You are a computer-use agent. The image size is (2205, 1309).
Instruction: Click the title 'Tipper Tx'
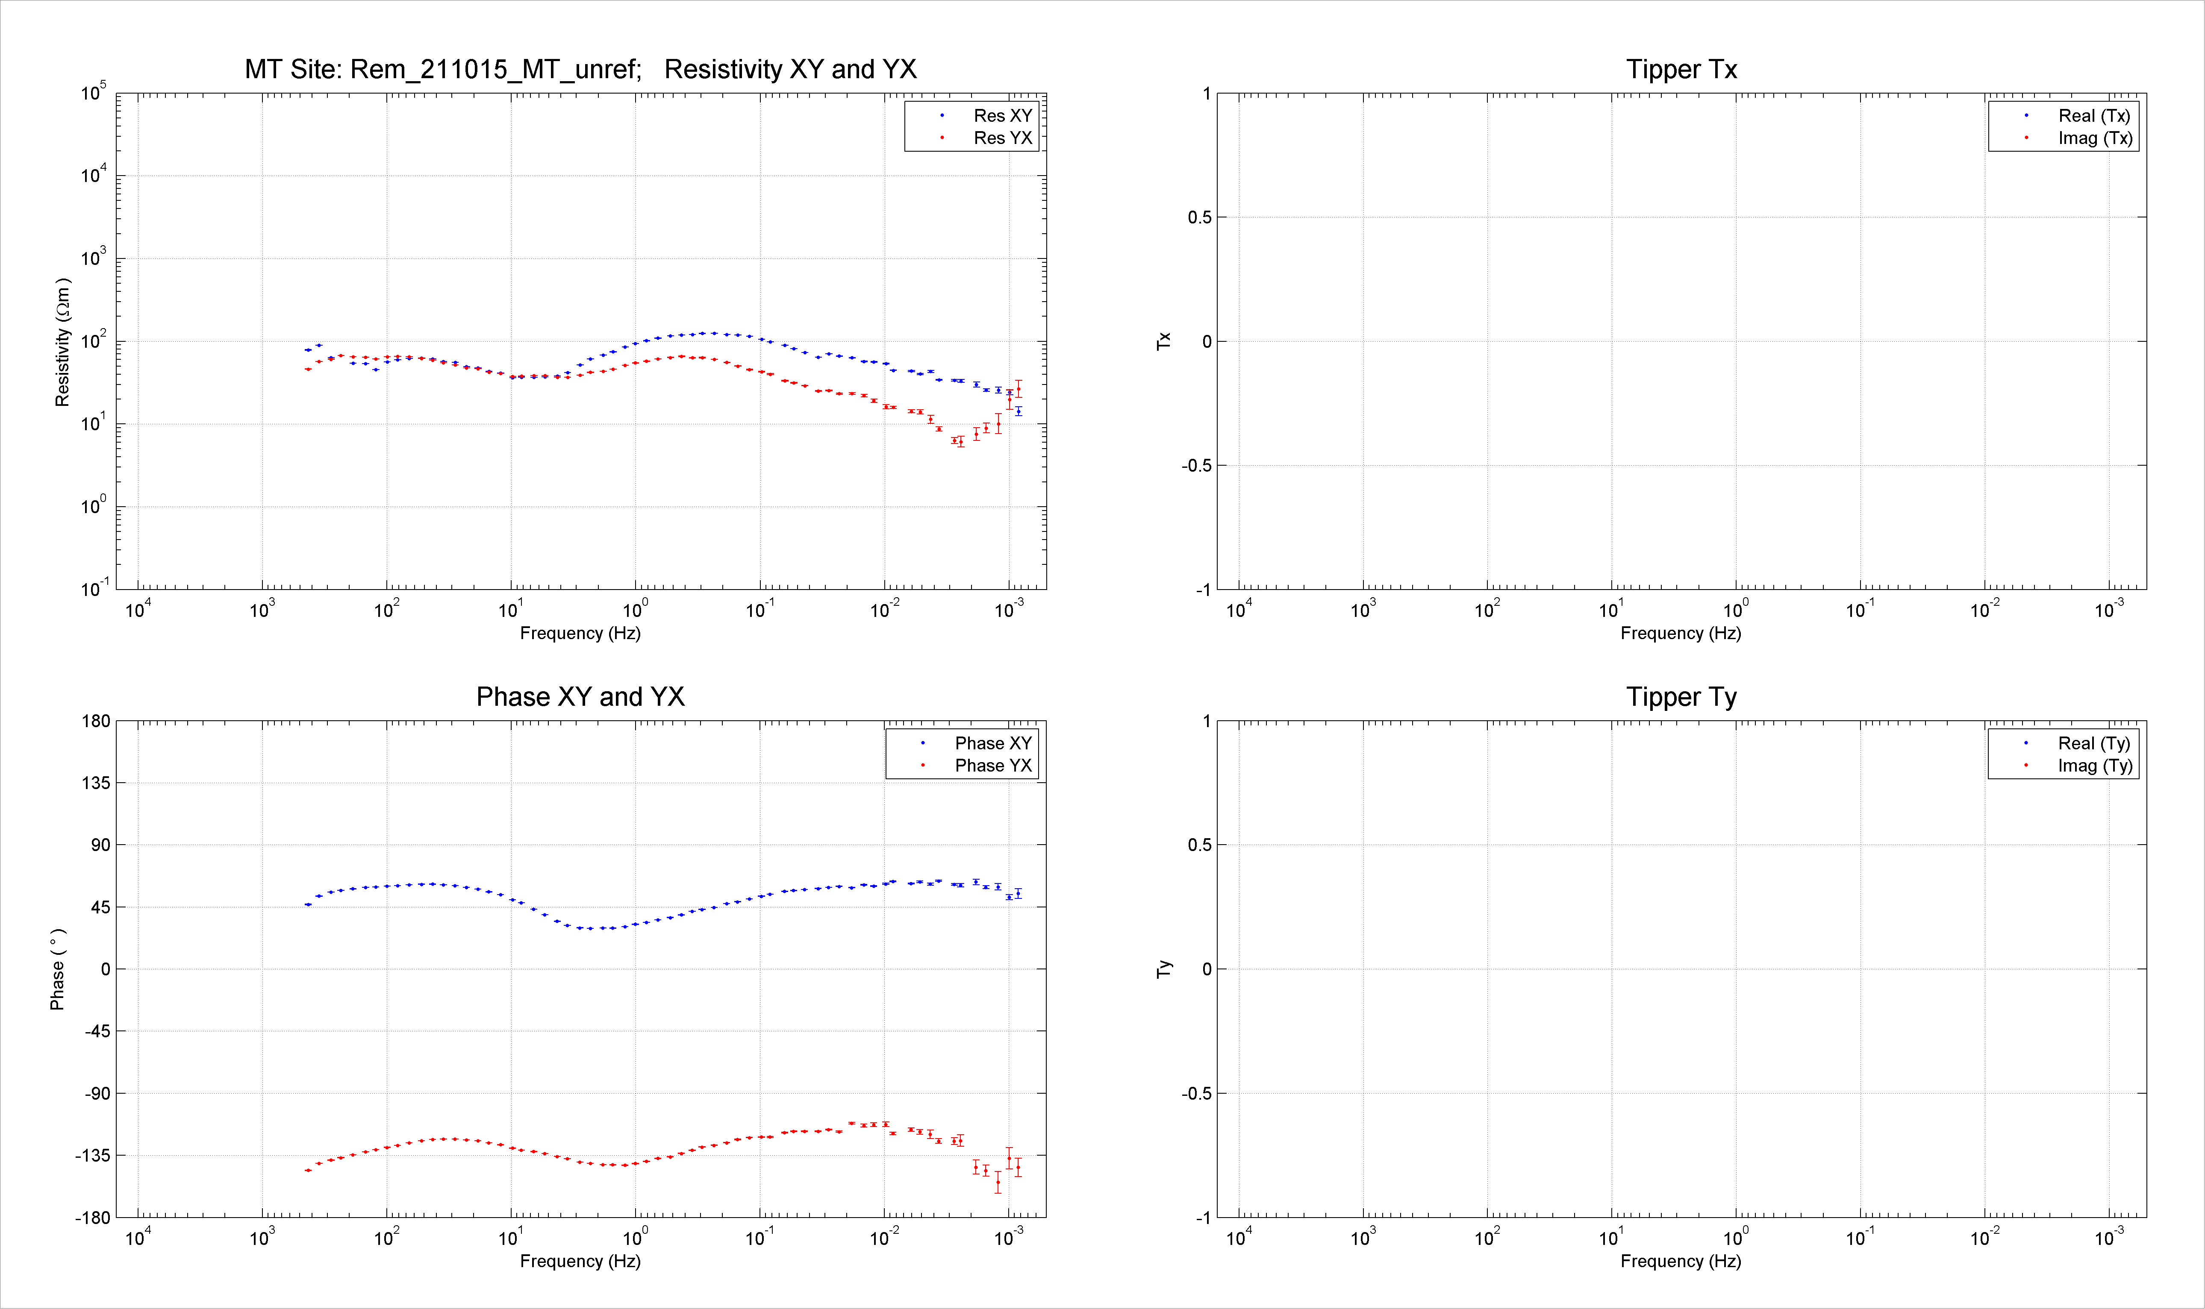pyautogui.click(x=1682, y=70)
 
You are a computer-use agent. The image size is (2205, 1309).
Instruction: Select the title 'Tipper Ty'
pyautogui.click(x=1682, y=698)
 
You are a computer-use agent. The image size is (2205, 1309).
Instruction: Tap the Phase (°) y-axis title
pyautogui.click(x=57, y=969)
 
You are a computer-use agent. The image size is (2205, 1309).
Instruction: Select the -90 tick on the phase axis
pyautogui.click(x=97, y=1094)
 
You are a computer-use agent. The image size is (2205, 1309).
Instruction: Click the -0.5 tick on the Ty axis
pyautogui.click(x=1197, y=1094)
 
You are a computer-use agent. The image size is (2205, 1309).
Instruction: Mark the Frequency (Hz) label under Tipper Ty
pyautogui.click(x=1681, y=1262)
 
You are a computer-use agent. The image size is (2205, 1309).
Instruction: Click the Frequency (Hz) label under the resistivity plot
pyautogui.click(x=580, y=633)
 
